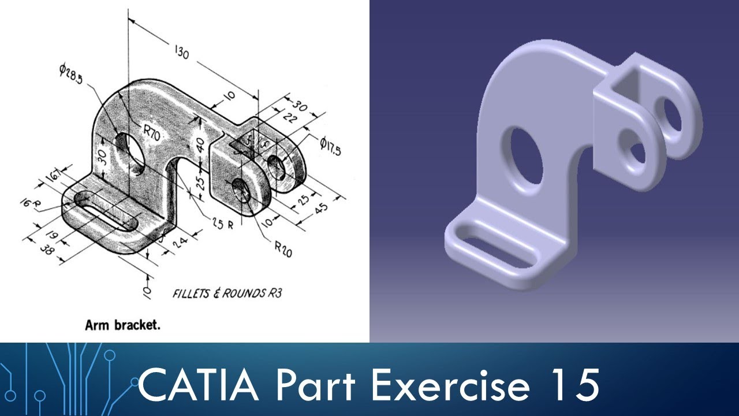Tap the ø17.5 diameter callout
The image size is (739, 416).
tap(330, 146)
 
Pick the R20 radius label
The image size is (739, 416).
tap(283, 249)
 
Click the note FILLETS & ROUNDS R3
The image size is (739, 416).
tap(227, 294)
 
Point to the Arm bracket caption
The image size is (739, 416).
tap(122, 325)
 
